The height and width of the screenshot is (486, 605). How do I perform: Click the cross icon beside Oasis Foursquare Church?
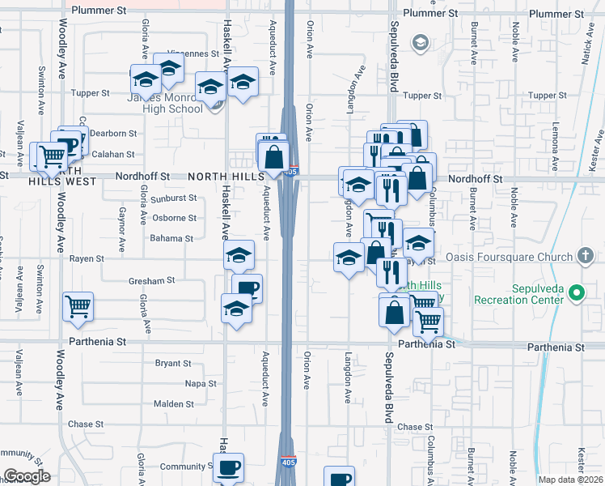[586, 257]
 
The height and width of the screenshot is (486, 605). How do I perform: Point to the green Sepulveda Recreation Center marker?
[576, 292]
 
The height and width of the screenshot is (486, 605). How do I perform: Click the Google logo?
[26, 476]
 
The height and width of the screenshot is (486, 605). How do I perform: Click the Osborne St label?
[174, 217]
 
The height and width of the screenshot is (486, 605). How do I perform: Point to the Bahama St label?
[171, 238]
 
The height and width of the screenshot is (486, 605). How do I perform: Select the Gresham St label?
[152, 280]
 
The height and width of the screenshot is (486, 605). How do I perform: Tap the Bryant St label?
[173, 363]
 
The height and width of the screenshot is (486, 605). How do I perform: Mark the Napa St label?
[201, 383]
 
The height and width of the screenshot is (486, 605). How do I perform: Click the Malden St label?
[174, 403]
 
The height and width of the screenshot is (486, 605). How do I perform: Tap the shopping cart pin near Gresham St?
[78, 305]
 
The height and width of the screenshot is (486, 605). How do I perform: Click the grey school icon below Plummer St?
[419, 42]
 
